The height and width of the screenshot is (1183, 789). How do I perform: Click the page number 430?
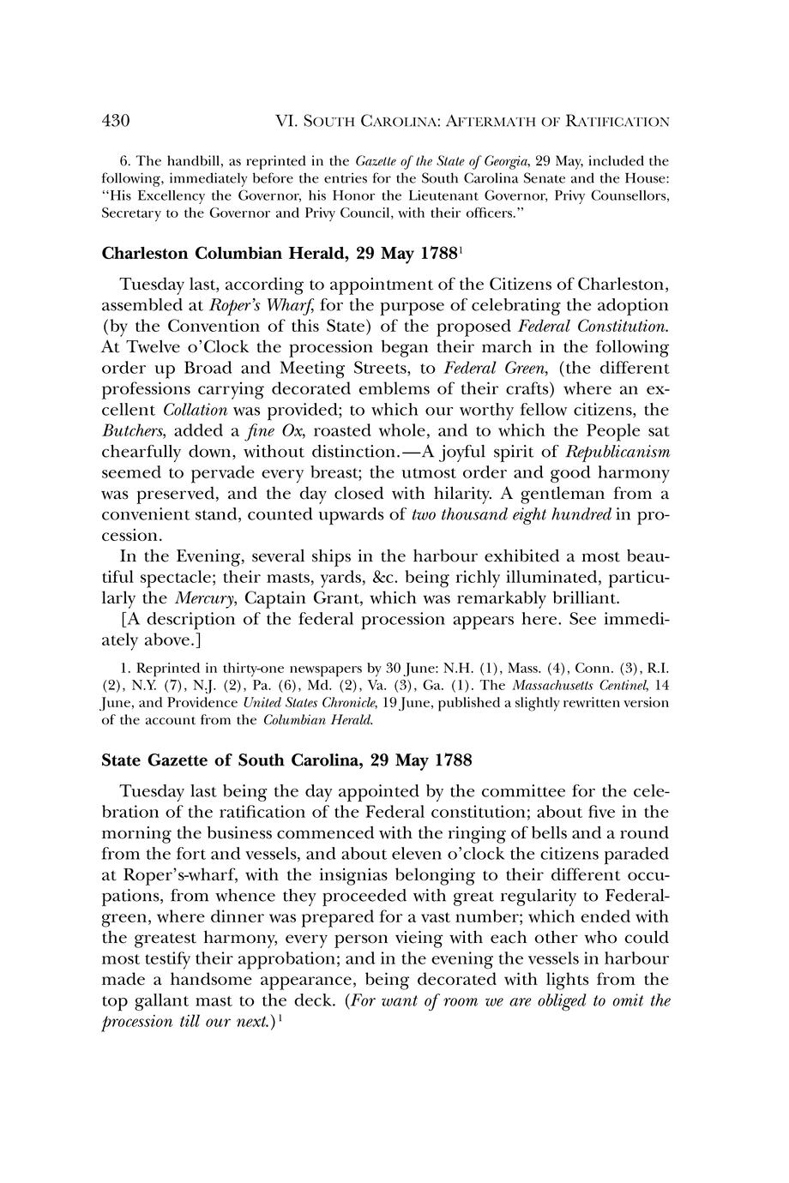click(x=116, y=122)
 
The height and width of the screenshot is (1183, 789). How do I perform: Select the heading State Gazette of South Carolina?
click(x=286, y=760)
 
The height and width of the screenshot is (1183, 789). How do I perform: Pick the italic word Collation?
click(x=196, y=410)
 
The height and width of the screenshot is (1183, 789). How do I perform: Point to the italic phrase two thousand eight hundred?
click(x=512, y=514)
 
